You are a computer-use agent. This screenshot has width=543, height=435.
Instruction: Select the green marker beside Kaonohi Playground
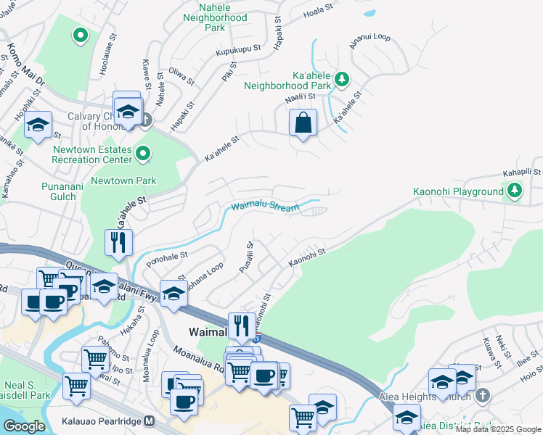pyautogui.click(x=515, y=191)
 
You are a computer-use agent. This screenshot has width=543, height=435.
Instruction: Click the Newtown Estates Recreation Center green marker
pyautogui.click(x=143, y=153)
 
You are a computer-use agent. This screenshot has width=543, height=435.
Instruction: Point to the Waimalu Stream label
pyautogui.click(x=265, y=207)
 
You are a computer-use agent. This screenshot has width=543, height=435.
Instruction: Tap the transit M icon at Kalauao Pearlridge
pyautogui.click(x=150, y=420)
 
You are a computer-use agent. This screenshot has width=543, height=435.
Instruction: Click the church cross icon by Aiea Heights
pyautogui.click(x=484, y=396)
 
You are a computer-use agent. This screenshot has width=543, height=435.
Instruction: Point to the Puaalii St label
pyautogui.click(x=246, y=257)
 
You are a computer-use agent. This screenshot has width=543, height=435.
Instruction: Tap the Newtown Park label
pyautogui.click(x=125, y=181)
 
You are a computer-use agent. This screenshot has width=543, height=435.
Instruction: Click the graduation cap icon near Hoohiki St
pyautogui.click(x=38, y=125)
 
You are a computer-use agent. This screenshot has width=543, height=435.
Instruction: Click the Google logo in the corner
pyautogui.click(x=25, y=426)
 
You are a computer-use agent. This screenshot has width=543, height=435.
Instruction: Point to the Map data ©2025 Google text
pyautogui.click(x=498, y=429)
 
